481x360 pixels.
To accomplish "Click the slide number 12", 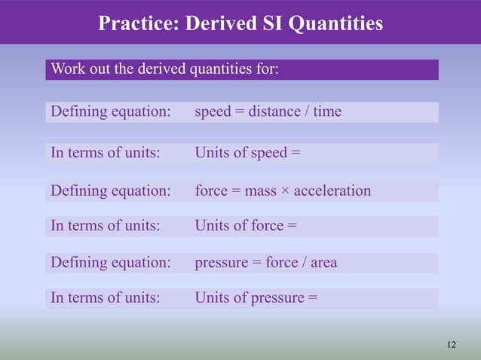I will point(451,345).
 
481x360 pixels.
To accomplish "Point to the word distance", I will point(274,112).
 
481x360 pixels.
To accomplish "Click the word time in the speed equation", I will point(327,112).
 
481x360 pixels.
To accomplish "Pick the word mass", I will point(261,191).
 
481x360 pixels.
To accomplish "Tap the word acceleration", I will point(332,191).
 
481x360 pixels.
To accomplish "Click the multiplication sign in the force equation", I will point(285,191).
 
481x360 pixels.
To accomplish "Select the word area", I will point(321,263).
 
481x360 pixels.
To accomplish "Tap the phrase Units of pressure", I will point(250,297).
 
